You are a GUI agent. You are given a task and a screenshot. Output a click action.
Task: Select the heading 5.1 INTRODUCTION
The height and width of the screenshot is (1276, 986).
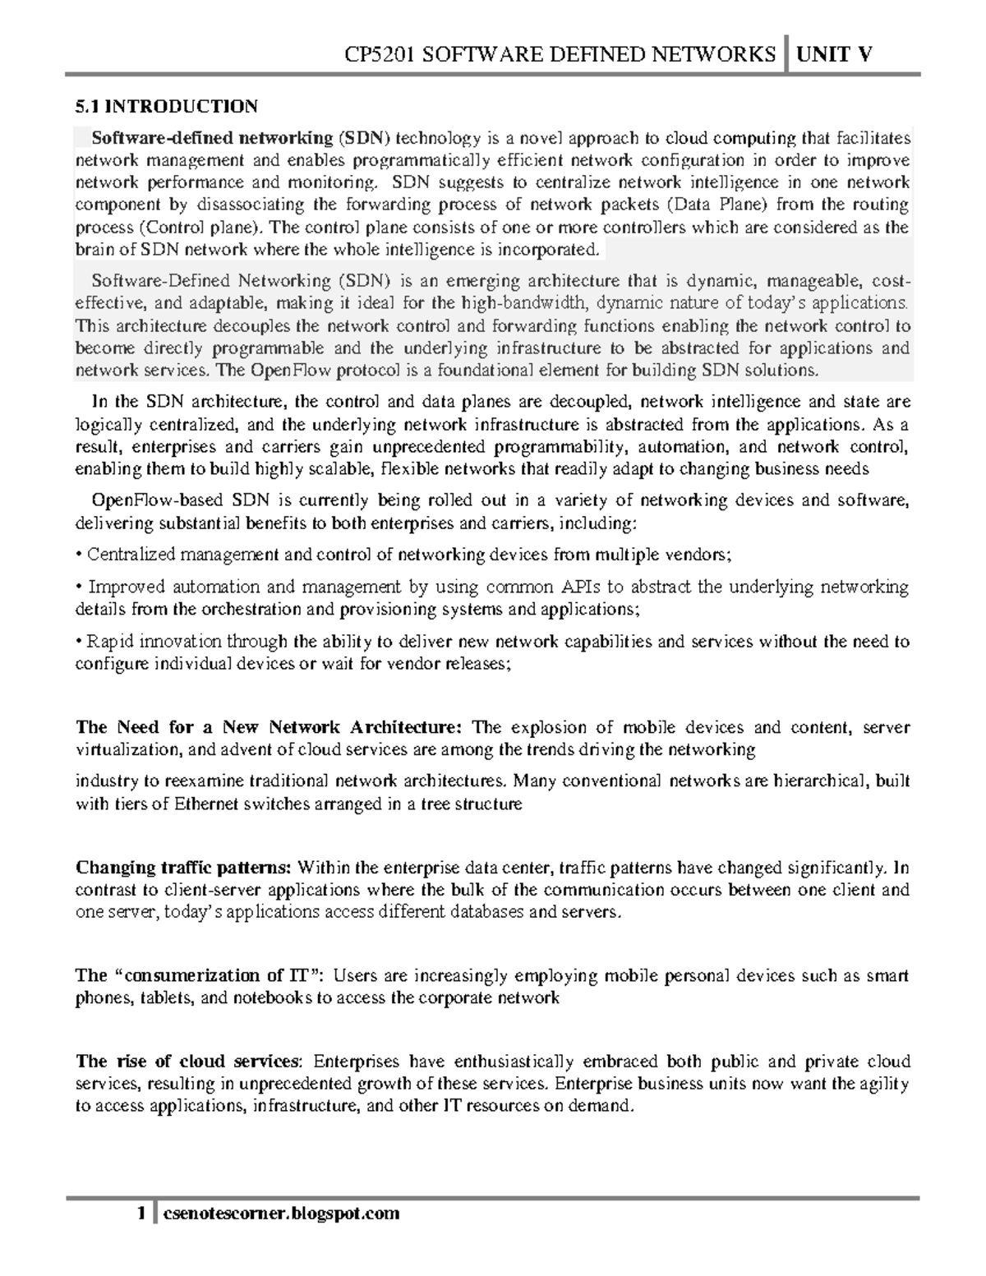pyautogui.click(x=166, y=106)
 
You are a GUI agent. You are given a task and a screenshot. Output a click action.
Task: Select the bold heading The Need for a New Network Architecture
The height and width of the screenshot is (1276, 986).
pyautogui.click(x=270, y=728)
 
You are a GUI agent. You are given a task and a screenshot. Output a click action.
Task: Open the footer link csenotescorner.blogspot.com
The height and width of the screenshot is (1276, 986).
pyautogui.click(x=282, y=1214)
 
